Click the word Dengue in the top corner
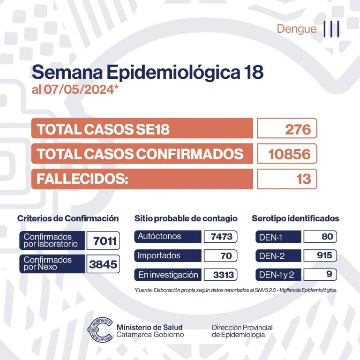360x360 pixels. (x=297, y=29)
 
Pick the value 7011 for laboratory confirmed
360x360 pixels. (x=104, y=241)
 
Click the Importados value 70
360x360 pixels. (x=220, y=256)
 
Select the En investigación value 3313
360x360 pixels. (x=220, y=275)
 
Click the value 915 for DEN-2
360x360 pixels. (x=321, y=255)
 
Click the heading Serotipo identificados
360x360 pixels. (x=295, y=218)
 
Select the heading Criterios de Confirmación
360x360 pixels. (x=68, y=218)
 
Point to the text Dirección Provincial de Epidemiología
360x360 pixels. (x=242, y=331)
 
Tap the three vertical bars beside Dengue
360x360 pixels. (x=331, y=29)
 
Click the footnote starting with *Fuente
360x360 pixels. (x=235, y=290)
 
